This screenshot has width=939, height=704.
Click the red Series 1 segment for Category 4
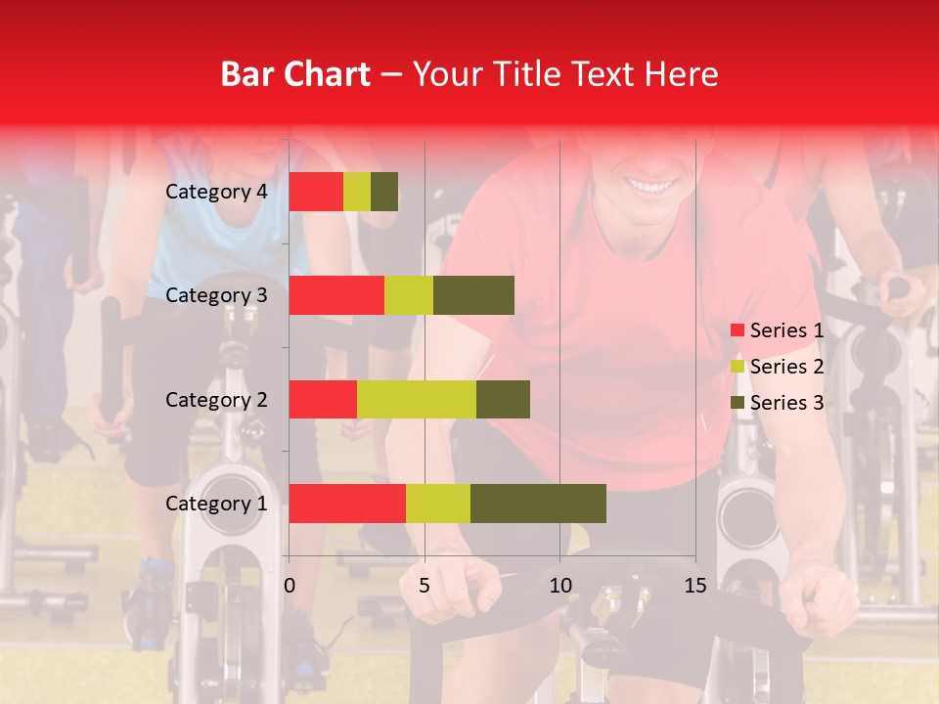(x=316, y=192)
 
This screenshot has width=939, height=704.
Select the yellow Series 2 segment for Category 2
(x=417, y=399)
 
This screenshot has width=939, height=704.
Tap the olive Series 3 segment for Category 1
(x=538, y=504)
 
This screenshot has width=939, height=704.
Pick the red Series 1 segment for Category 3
(x=336, y=295)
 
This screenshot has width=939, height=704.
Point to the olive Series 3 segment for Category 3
(x=473, y=295)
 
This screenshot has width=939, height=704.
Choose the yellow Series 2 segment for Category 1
(x=438, y=504)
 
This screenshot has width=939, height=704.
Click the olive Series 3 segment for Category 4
(x=384, y=192)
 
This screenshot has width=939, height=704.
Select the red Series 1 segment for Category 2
(x=323, y=399)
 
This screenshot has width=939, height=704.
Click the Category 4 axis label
(x=216, y=192)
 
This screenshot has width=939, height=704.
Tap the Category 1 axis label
(x=216, y=504)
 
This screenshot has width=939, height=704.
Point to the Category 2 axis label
(x=216, y=399)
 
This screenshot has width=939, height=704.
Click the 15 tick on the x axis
(x=695, y=586)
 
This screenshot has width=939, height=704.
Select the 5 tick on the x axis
(x=425, y=586)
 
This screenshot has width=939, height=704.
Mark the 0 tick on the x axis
(x=290, y=586)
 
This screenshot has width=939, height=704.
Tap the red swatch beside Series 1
(x=737, y=330)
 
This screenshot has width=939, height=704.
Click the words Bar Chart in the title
(x=295, y=73)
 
